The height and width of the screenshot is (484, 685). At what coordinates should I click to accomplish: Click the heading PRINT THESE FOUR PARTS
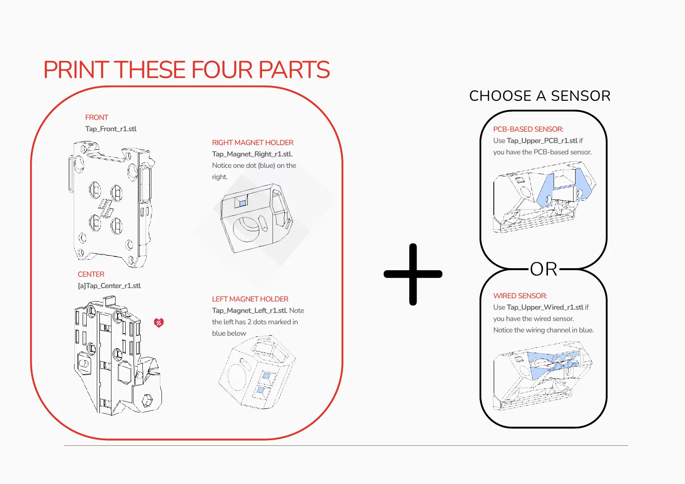186,70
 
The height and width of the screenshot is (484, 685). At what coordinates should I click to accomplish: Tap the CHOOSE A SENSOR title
539,96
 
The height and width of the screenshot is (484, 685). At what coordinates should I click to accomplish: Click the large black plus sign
413,274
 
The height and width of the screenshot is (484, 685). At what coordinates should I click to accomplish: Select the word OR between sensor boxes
543,269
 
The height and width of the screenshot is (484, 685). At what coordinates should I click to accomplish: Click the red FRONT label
96,117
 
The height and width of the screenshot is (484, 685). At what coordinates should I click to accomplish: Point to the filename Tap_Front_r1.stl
111,129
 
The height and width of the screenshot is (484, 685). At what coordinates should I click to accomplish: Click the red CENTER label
91,274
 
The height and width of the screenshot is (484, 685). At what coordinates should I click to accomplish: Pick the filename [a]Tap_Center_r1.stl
109,286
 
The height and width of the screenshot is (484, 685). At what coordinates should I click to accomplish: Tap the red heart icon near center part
159,323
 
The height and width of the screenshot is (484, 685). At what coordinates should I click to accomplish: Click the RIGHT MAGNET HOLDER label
252,143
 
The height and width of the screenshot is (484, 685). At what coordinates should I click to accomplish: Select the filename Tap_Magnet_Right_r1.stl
252,154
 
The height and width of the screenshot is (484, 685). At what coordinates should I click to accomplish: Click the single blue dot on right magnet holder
242,203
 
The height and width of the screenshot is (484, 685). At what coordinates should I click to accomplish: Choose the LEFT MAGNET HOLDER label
250,299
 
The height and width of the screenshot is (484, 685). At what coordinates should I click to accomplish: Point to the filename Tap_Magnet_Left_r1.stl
249,310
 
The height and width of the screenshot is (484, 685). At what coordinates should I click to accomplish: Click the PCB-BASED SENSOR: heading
528,129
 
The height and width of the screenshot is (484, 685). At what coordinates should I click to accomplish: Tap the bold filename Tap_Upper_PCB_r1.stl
542,141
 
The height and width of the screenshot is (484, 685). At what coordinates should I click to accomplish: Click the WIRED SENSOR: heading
520,296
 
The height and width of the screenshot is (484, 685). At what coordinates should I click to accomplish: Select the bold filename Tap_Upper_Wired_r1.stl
545,307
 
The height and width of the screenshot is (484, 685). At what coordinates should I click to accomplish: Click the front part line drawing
111,203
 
